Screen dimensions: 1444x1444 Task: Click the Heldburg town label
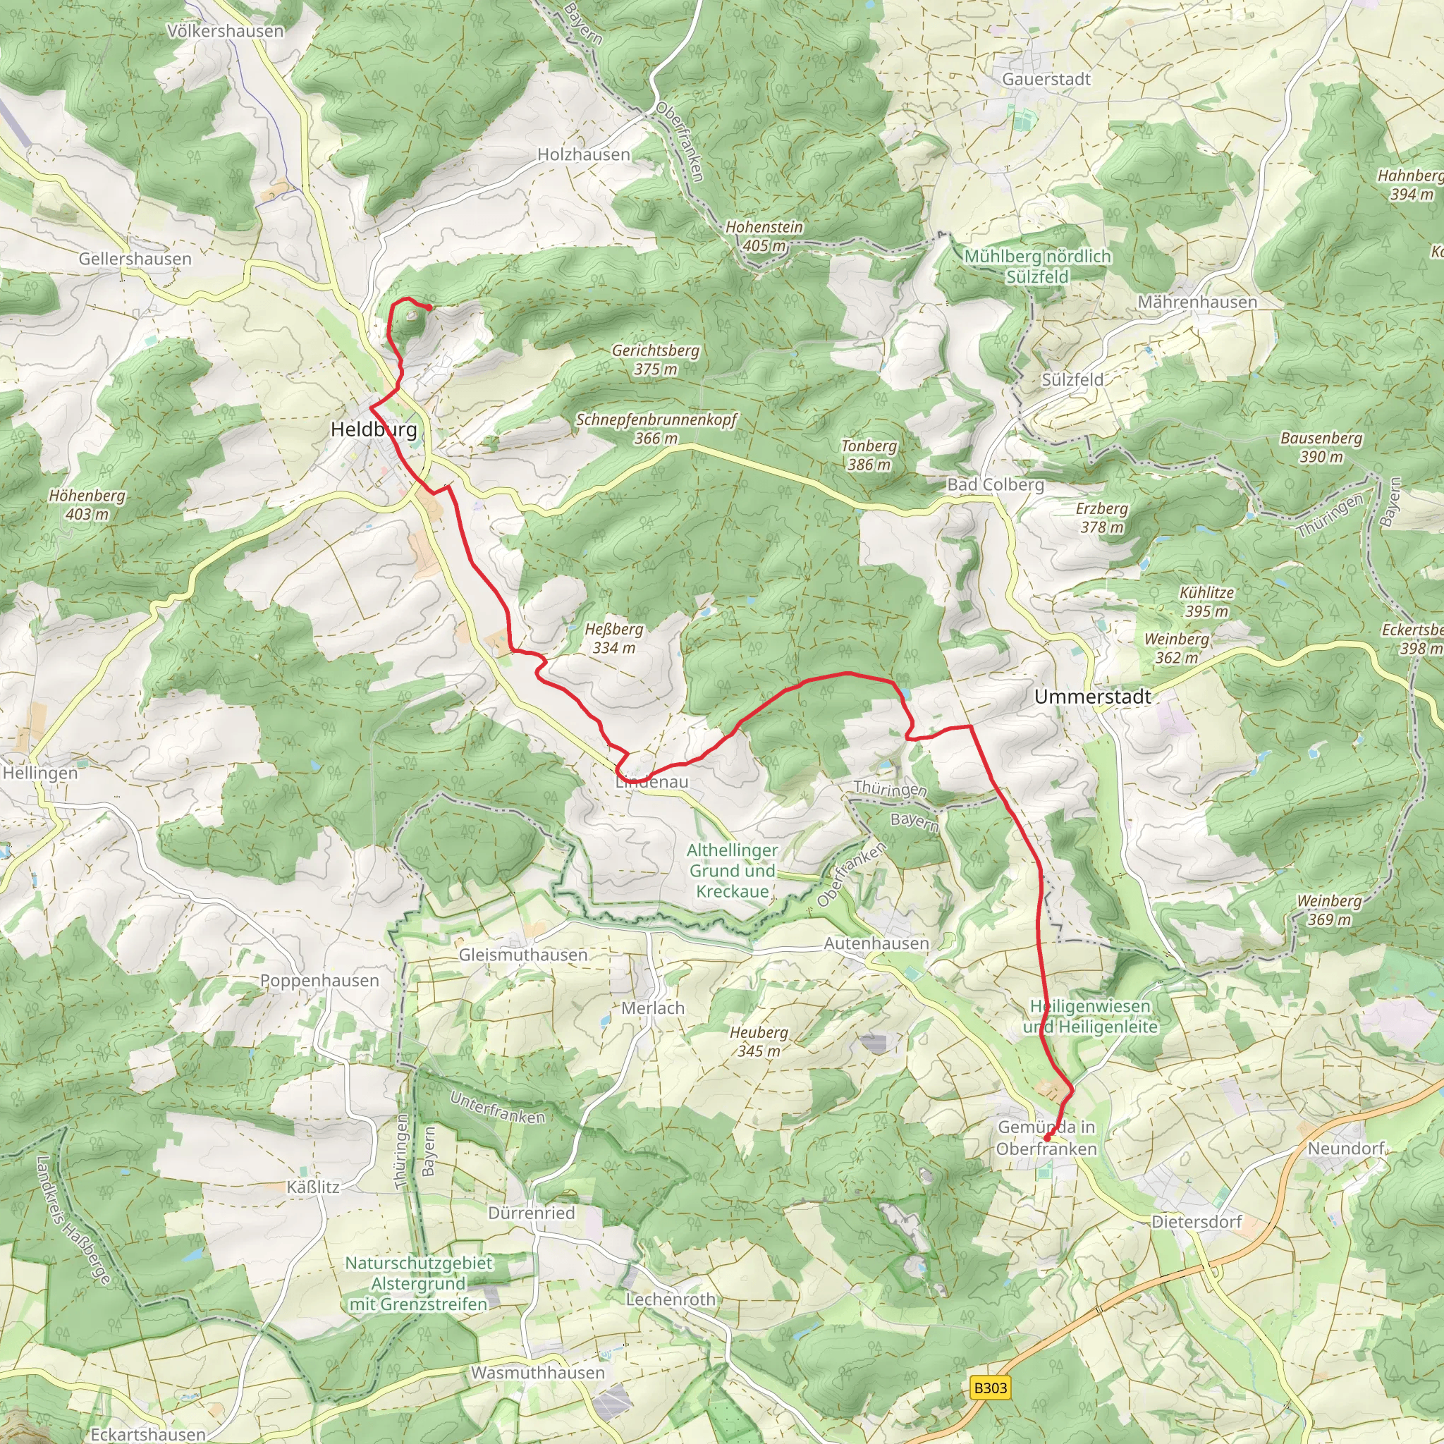(x=374, y=430)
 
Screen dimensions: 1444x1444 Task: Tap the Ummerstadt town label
(x=1093, y=697)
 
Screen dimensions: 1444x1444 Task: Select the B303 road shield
(x=991, y=1388)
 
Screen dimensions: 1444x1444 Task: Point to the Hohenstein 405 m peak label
(x=764, y=236)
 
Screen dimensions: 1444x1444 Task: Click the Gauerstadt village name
(x=1046, y=79)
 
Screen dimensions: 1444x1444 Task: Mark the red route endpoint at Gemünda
(x=1046, y=1137)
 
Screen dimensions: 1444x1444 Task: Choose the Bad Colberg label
(x=996, y=484)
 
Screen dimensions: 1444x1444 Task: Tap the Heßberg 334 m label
(x=613, y=639)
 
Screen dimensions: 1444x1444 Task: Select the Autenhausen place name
(x=876, y=944)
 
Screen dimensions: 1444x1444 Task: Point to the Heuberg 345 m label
(x=759, y=1041)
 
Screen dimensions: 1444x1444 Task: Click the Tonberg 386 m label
(x=869, y=455)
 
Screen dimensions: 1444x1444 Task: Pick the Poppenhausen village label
(x=319, y=981)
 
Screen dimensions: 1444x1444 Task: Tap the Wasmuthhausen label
(x=537, y=1373)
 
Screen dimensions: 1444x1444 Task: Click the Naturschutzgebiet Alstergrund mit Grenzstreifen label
(x=418, y=1283)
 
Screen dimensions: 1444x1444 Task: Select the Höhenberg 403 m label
(x=87, y=506)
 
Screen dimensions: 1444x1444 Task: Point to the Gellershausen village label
(x=135, y=259)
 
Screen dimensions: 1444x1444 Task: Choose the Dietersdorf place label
(x=1196, y=1222)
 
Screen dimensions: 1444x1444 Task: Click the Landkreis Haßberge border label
(x=73, y=1220)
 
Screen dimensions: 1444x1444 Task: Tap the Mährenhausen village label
(x=1197, y=302)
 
